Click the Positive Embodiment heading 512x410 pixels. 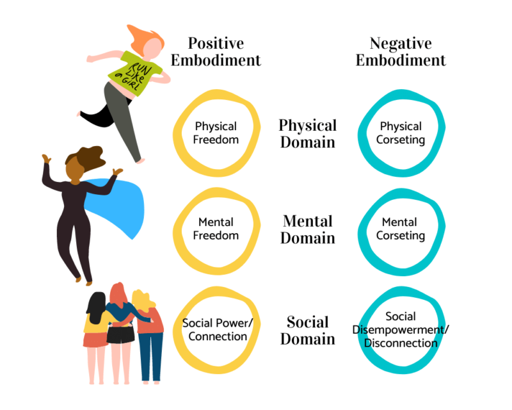(224, 52)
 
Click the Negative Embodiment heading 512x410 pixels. (401, 52)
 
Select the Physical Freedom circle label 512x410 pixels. (216, 133)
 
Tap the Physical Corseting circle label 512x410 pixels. (401, 133)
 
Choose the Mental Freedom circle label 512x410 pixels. (216, 229)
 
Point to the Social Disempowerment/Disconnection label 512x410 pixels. (401, 329)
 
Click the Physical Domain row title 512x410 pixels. (307, 133)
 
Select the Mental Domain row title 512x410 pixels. (308, 229)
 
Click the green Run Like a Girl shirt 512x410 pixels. (131, 73)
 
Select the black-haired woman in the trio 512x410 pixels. (96, 327)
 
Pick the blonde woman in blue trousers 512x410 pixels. (149, 333)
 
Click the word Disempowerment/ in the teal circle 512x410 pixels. (401, 329)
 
